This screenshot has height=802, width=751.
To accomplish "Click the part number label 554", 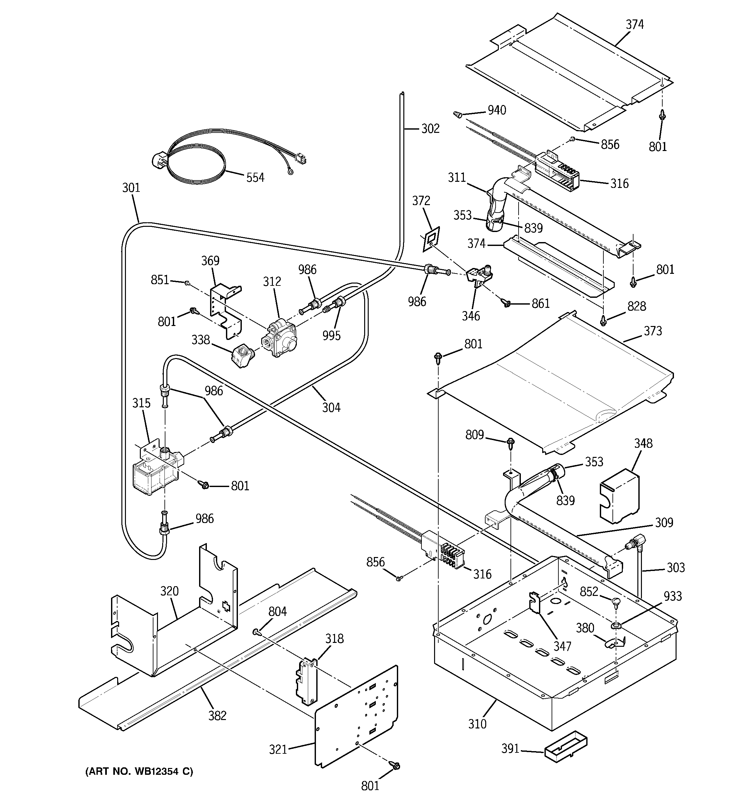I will (x=255, y=178).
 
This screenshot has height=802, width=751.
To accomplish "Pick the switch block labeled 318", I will (x=308, y=682).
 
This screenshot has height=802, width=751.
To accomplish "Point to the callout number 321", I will (x=278, y=750).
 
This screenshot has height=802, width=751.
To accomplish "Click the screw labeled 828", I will (x=603, y=321).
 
